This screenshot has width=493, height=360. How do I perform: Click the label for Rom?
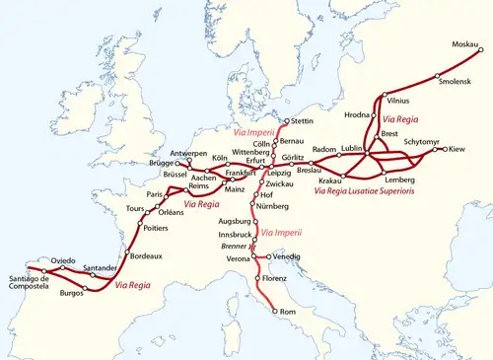pyautogui.click(x=288, y=313)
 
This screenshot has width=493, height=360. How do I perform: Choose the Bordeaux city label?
pyautogui.click(x=145, y=255)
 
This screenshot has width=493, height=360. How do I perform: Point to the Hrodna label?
pyautogui.click(x=356, y=115)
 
